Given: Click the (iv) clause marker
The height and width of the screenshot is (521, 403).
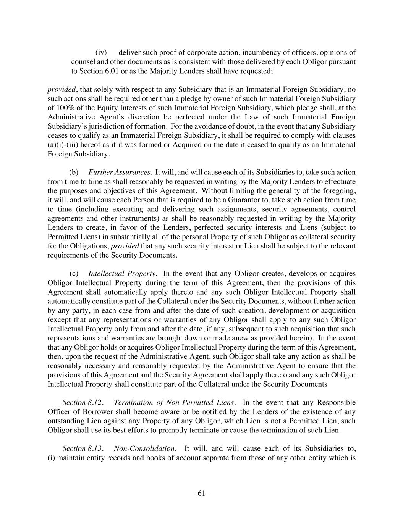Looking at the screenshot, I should pyautogui.click(x=101, y=52).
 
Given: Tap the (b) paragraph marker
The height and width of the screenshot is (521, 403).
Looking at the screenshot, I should pyautogui.click(x=74, y=173).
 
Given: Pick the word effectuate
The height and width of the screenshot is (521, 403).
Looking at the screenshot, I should pyautogui.click(x=341, y=182).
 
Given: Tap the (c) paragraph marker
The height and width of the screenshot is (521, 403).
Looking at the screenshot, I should pyautogui.click(x=74, y=274).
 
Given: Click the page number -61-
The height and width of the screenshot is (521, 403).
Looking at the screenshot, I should pyautogui.click(x=201, y=494).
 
